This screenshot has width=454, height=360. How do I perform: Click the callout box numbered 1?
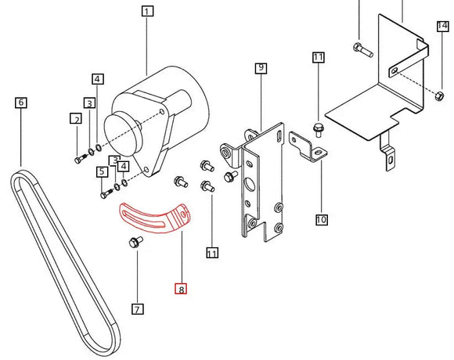pos(147,11)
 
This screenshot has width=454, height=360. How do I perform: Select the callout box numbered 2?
pos(76,119)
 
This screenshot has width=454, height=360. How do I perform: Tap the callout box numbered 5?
pos(102,172)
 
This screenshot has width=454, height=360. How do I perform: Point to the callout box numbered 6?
pos(20,102)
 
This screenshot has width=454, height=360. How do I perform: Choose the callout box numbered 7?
pos(137,309)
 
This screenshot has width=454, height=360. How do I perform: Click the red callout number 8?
pos(181,290)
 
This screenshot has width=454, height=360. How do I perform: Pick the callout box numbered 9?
pos(261,68)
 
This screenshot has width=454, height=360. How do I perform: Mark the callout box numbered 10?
pos(321,220)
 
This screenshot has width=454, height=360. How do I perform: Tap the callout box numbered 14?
pos(443,27)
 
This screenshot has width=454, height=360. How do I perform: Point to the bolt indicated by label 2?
pos(78,160)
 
